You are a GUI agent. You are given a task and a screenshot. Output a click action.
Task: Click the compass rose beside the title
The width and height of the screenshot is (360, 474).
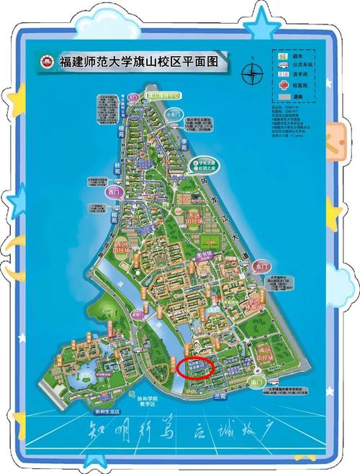pos(253,73)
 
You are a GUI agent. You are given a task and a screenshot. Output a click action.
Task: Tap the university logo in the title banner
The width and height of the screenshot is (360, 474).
pos(48,61)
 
